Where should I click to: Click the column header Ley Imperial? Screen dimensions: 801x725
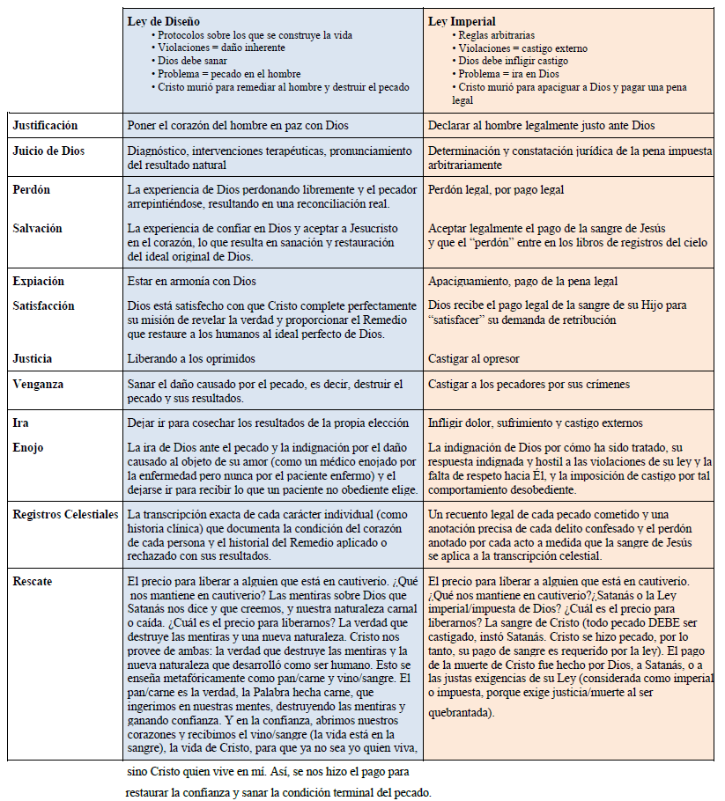click(x=462, y=20)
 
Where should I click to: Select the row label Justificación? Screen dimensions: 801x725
click(x=45, y=126)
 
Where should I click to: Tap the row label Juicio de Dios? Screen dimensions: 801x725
click(x=49, y=151)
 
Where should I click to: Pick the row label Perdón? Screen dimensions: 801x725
click(x=32, y=189)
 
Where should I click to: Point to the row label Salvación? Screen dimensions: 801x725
click(x=37, y=228)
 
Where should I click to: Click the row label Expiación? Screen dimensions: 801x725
click(x=38, y=281)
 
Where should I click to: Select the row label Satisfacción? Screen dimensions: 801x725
click(x=44, y=306)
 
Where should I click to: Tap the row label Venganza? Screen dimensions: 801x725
click(x=38, y=385)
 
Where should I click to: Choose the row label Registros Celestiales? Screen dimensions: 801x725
click(x=65, y=514)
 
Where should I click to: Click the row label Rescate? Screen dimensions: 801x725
click(x=33, y=582)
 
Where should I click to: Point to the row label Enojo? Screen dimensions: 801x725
click(x=28, y=447)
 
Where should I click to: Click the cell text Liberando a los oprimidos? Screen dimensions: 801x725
click(x=191, y=359)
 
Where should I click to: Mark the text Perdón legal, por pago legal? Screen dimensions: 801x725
click(x=495, y=189)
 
